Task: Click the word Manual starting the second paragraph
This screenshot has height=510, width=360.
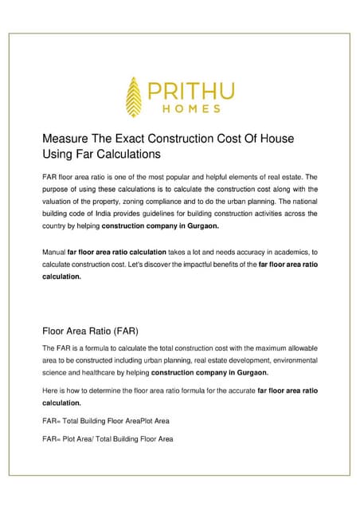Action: [x=53, y=252]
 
